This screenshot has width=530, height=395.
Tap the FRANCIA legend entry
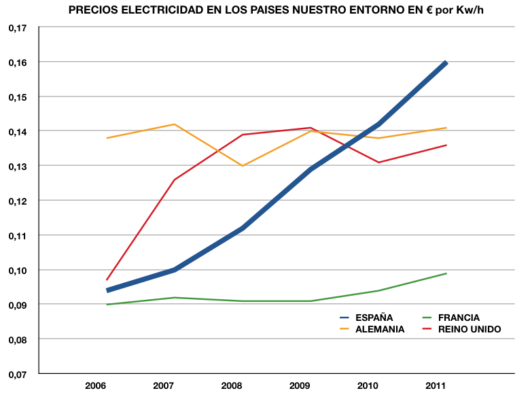[x=459, y=317]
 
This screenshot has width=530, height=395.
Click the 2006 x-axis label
[x=96, y=386]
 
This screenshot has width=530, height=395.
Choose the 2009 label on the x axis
[x=300, y=386]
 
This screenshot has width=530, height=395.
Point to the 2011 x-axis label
[x=436, y=386]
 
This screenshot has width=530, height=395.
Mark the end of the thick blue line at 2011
[x=446, y=63]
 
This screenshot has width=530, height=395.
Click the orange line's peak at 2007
[x=175, y=124]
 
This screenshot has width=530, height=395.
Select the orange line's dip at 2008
[x=243, y=166]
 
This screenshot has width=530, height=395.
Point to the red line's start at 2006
[x=107, y=280]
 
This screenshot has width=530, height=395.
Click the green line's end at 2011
[x=446, y=273]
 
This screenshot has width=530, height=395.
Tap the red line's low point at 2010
[x=378, y=162]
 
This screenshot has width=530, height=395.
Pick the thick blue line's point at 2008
[x=243, y=228]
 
